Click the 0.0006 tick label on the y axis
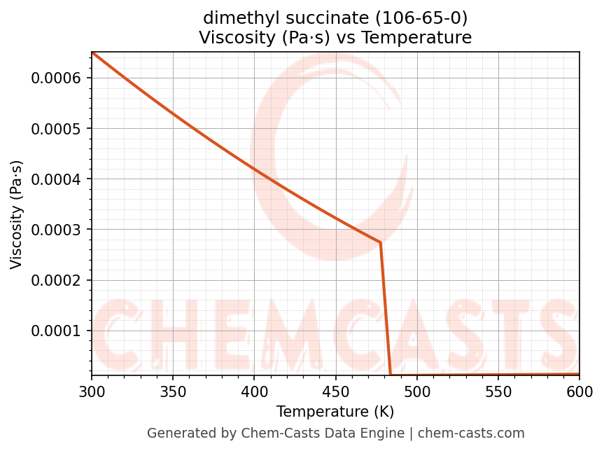[x=56, y=78]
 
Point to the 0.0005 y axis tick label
[x=56, y=128]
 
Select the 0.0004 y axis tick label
[x=56, y=179]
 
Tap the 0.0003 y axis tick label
[x=56, y=230]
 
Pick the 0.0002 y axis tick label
[x=56, y=280]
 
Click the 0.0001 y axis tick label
[x=56, y=331]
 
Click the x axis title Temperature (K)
[x=335, y=411]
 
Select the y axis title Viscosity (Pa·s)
[x=17, y=214]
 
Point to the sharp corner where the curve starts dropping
[x=380, y=242]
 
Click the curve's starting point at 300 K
[x=92, y=53]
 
